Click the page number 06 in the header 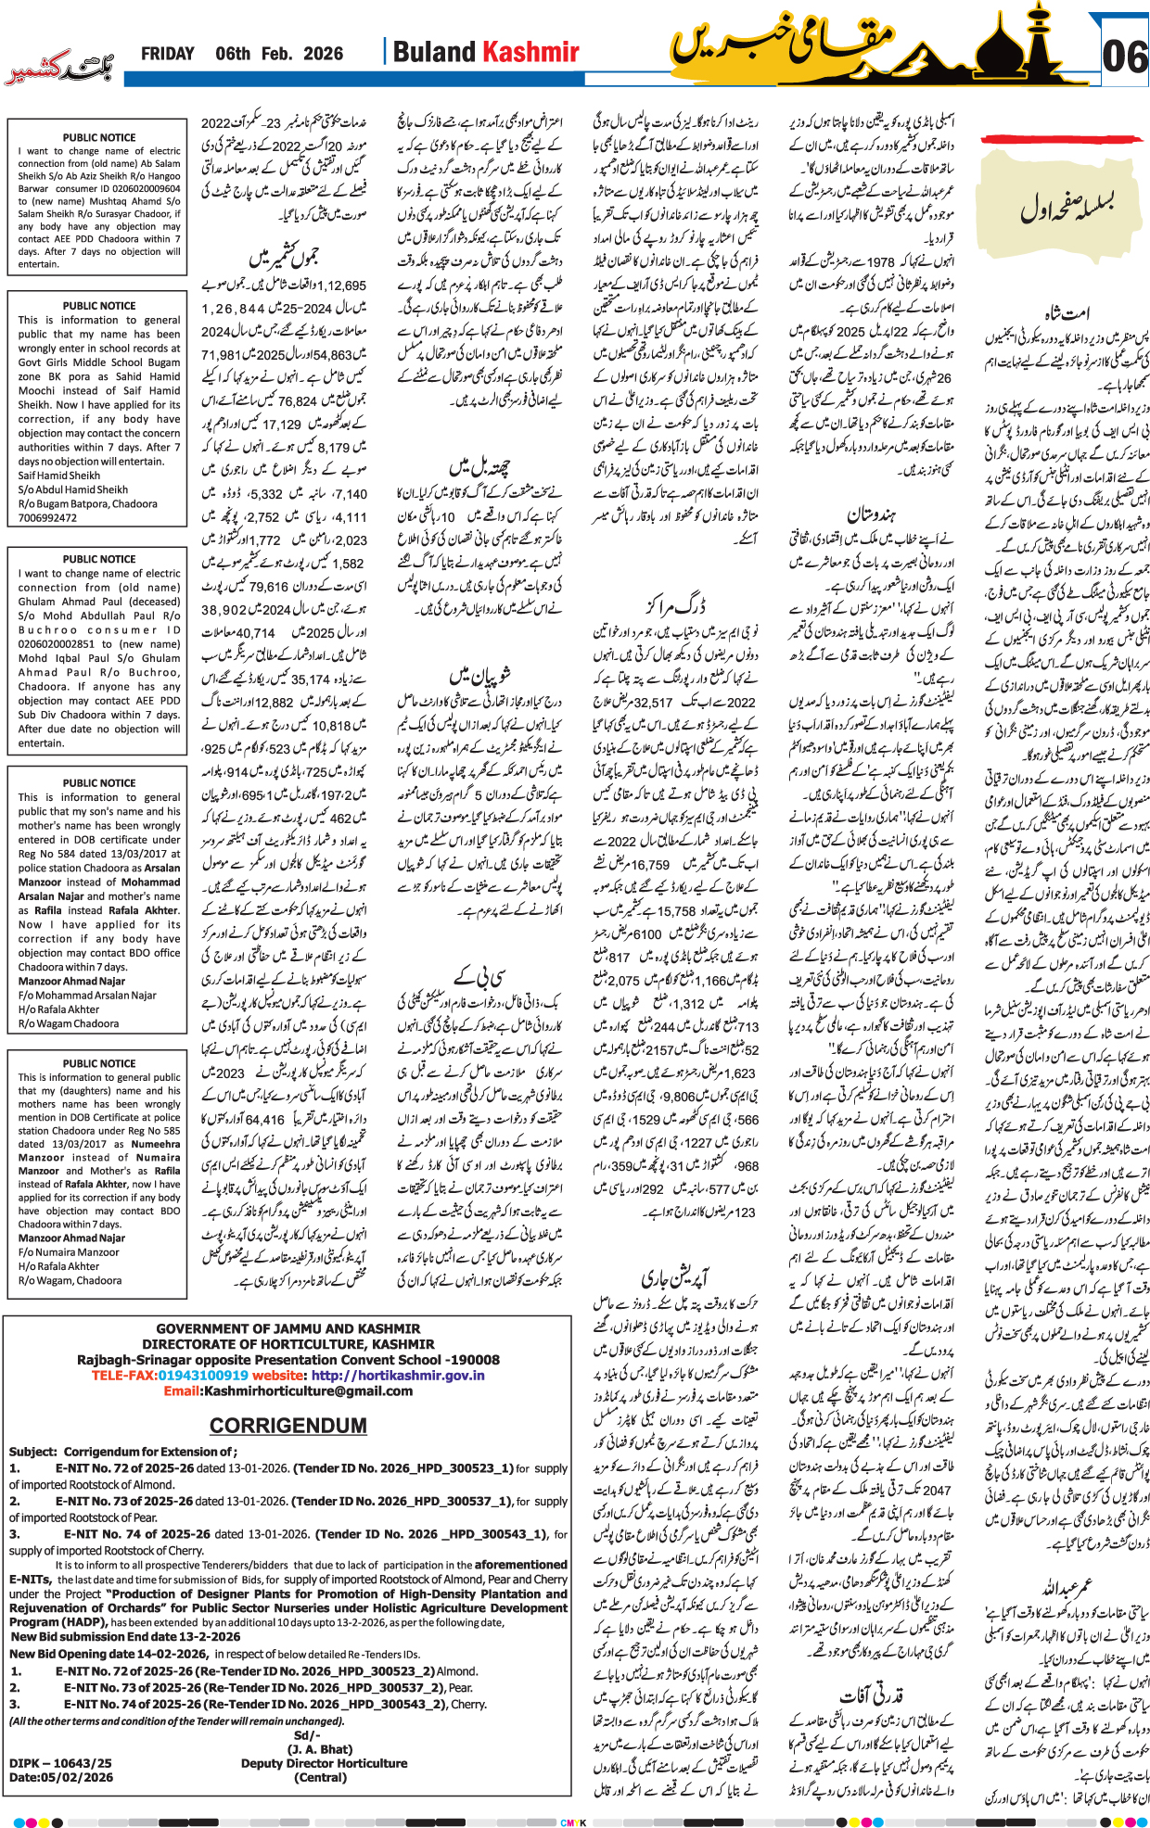tap(1124, 57)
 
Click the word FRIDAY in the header tap(168, 54)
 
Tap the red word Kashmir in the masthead tap(532, 53)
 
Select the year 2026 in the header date tap(323, 54)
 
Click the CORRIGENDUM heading tap(287, 1426)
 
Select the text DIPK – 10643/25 tap(60, 1763)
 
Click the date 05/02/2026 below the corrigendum tap(80, 1777)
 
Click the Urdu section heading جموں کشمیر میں tap(284, 258)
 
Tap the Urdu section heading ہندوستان tap(873, 514)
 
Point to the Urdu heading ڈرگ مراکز tap(675, 606)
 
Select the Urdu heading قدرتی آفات tap(871, 1695)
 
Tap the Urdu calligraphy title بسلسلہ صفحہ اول tap(1067, 206)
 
